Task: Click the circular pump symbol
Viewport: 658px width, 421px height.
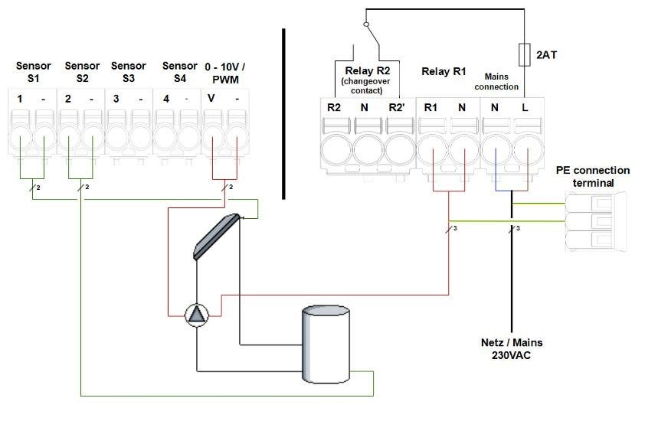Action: [x=197, y=315]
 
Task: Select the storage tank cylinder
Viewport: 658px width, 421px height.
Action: [x=326, y=344]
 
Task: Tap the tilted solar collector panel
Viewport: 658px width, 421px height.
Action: [x=217, y=237]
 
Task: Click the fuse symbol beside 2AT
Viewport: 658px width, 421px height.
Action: [x=524, y=55]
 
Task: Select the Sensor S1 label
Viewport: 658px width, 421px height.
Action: [x=33, y=72]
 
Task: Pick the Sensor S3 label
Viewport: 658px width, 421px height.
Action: [x=128, y=72]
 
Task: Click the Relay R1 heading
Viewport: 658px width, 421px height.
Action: [x=444, y=72]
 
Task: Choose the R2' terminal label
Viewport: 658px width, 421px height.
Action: [x=398, y=107]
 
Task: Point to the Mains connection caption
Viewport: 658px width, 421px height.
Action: [x=503, y=81]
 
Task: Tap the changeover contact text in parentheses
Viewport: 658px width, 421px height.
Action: [x=364, y=86]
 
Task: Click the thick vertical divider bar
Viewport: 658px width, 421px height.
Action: [x=283, y=114]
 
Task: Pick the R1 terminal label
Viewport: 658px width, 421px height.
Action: [x=432, y=107]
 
